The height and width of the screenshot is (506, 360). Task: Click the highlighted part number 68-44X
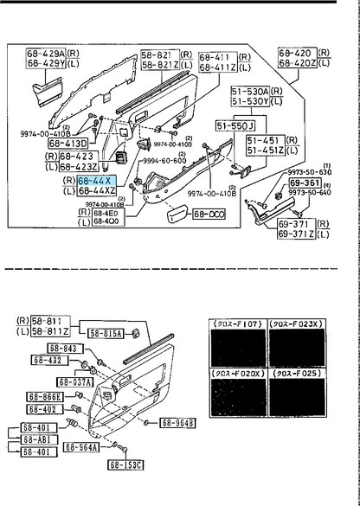tap(95, 179)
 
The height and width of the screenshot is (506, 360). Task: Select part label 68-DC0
tap(207, 214)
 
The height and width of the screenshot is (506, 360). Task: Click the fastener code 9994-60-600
tap(164, 160)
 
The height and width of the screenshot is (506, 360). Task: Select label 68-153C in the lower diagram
tap(125, 464)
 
